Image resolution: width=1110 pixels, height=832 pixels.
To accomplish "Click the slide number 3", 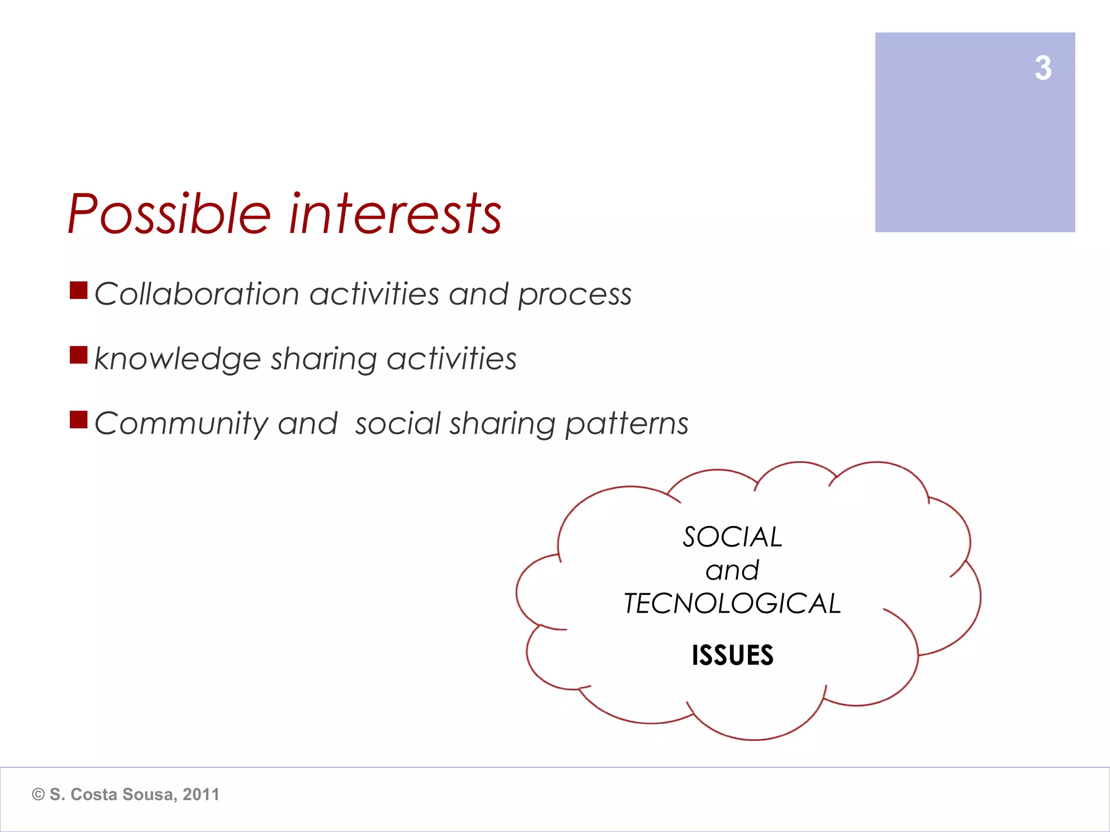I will pos(1043,69).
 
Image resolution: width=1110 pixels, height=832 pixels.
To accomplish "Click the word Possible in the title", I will pos(169,215).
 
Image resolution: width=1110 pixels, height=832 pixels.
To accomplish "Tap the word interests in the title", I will pos(395,215).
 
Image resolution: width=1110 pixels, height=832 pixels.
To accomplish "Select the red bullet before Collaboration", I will pos(79,290).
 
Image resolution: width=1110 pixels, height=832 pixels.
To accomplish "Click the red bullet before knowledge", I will pos(79,355).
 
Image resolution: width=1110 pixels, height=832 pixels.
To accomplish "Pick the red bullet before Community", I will pos(79,420).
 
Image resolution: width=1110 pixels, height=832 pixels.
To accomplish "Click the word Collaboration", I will pos(197,294).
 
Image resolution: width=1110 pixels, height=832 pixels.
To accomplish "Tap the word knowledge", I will pos(178,359).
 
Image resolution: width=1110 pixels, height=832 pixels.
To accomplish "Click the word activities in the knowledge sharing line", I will pos(451,359).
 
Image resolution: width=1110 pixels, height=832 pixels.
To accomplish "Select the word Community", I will pos(181,424).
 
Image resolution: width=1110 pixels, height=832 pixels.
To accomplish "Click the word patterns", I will pos(627,424).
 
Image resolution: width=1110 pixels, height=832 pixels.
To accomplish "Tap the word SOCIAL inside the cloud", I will pos(732,537).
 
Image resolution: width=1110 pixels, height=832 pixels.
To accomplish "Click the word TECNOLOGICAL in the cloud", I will pos(732,603).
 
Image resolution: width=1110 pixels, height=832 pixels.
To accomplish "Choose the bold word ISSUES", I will pos(732,655).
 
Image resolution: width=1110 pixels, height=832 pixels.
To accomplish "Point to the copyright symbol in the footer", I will pos(38,795).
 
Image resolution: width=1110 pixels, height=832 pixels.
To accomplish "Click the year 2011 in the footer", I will pos(201,795).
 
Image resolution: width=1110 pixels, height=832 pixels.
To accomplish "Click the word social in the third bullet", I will pos(398,424).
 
